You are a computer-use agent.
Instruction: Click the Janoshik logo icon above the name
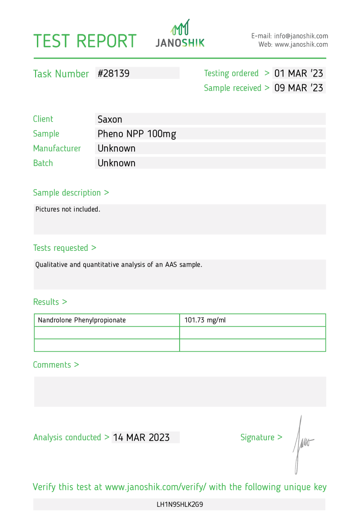click(x=180, y=28)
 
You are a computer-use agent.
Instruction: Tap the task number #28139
click(x=114, y=73)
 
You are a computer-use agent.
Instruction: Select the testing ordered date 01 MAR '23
click(x=298, y=73)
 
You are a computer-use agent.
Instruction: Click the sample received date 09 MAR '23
click(x=298, y=88)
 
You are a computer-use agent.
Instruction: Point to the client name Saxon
click(x=110, y=119)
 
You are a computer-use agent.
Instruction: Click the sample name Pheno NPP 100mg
click(x=136, y=134)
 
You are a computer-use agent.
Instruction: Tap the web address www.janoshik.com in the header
click(x=301, y=45)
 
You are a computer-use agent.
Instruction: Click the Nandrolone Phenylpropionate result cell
click(x=82, y=320)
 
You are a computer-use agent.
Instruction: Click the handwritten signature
click(x=301, y=444)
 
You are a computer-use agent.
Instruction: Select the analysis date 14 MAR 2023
click(x=141, y=437)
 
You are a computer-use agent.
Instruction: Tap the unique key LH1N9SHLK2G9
click(x=180, y=504)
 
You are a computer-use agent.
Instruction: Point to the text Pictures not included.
click(x=67, y=209)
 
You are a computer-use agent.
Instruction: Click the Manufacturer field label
click(x=57, y=148)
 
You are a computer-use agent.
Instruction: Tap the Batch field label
click(x=43, y=163)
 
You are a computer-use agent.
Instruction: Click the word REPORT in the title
click(x=106, y=41)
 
